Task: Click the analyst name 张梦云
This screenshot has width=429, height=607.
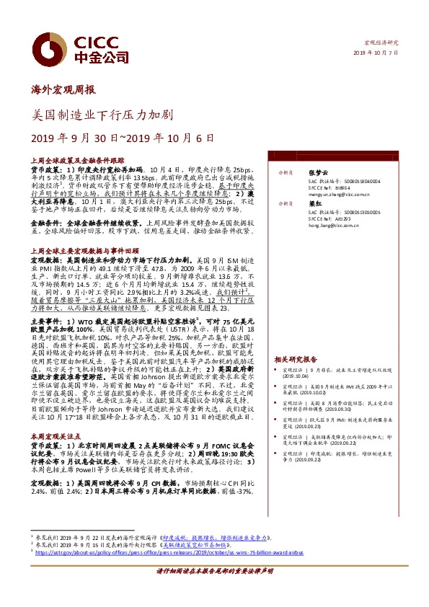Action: coord(318,173)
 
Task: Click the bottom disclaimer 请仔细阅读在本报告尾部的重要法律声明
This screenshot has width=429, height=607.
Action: coord(214,590)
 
